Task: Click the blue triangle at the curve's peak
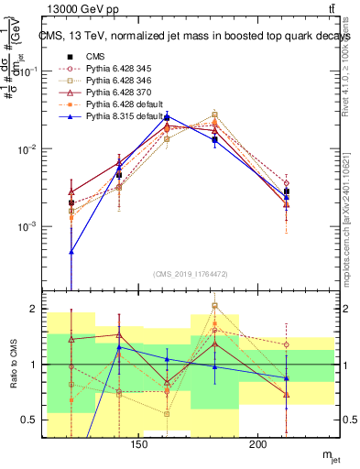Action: pyautogui.click(x=167, y=116)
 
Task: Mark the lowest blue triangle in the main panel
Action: pyautogui.click(x=71, y=251)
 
